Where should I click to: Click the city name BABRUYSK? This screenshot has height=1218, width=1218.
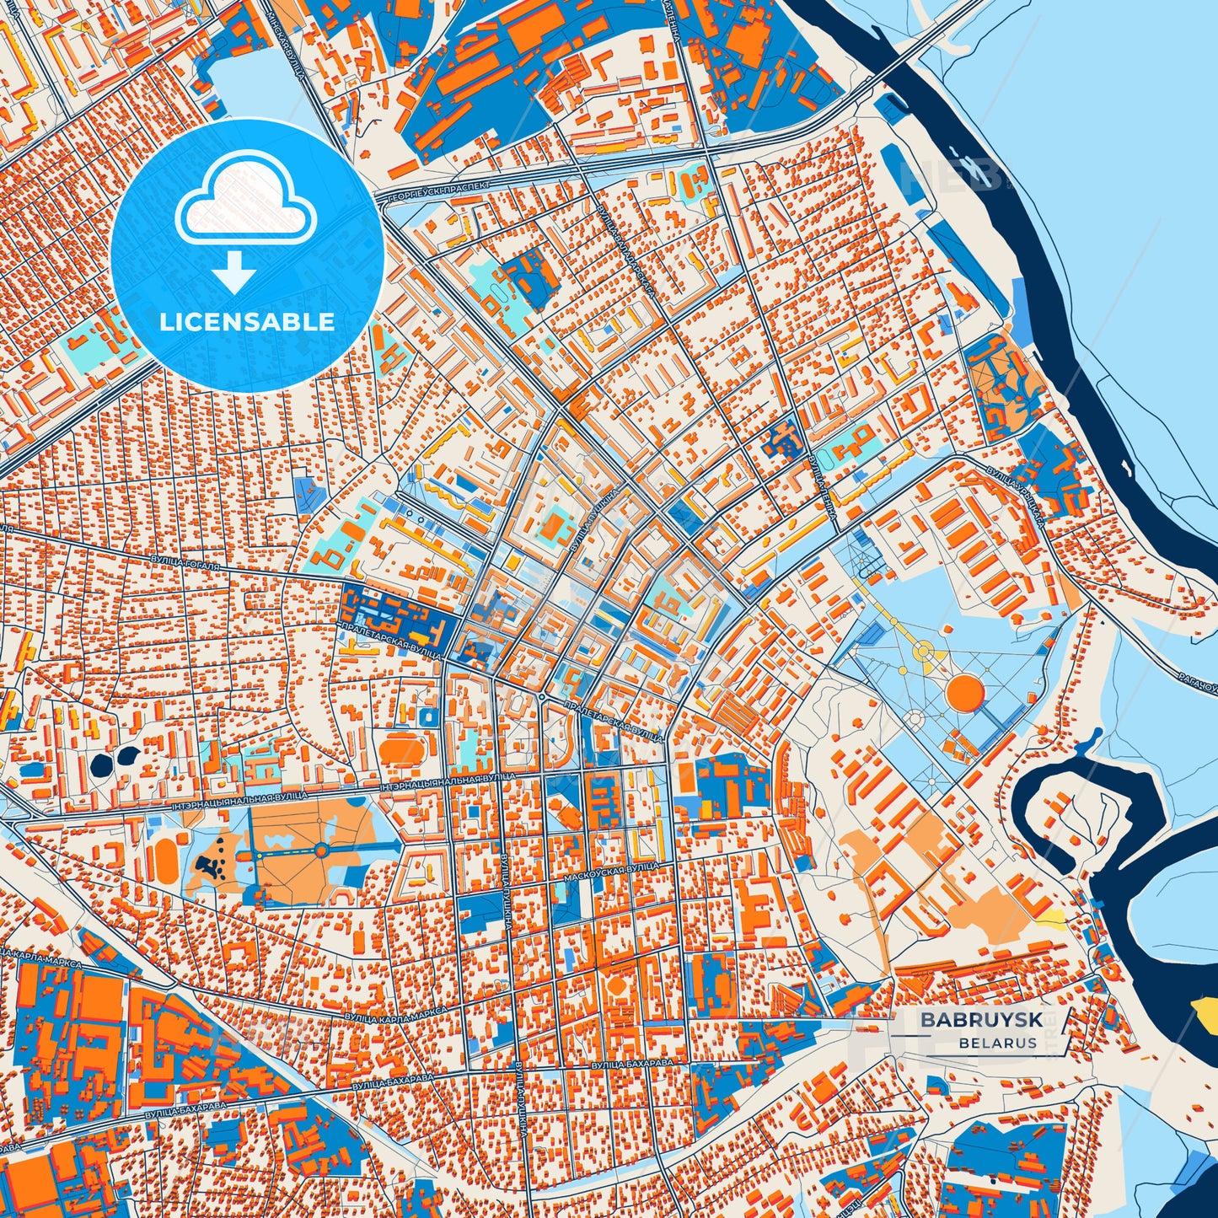point(980,1019)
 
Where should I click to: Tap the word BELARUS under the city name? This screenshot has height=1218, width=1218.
point(997,1043)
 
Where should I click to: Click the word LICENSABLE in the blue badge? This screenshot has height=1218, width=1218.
point(247,322)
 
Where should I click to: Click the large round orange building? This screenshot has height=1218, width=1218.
point(965,692)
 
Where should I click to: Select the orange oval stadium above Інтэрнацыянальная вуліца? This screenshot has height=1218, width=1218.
point(402,749)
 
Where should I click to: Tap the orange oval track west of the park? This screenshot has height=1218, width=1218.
point(166,857)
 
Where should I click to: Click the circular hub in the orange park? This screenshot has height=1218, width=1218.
point(321,851)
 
